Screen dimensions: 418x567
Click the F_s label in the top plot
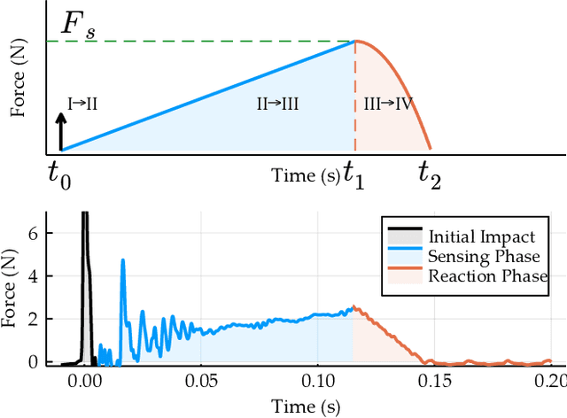(77, 26)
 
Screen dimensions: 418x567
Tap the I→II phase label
(82, 104)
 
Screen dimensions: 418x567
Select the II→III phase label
(277, 104)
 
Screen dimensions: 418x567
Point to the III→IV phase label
(388, 104)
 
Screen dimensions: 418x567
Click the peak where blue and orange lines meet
(355, 41)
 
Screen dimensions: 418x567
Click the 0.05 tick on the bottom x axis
(202, 381)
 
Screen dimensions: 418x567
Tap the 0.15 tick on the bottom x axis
(434, 381)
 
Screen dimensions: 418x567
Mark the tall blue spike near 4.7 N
(122, 259)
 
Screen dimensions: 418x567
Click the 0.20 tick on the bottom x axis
(549, 381)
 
